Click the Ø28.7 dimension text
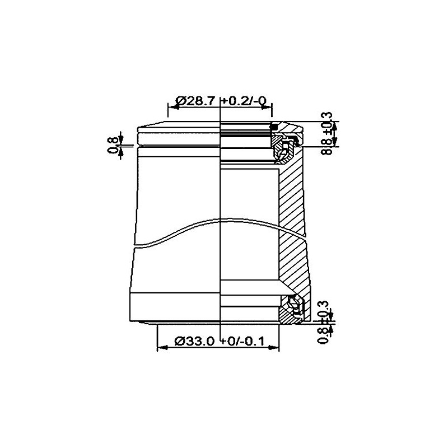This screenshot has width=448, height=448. click(x=194, y=101)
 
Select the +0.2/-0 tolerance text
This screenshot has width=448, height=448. click(x=244, y=101)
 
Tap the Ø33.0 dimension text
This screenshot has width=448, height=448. click(x=194, y=341)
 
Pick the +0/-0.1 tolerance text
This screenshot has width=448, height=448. click(x=243, y=341)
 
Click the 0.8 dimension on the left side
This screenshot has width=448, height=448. click(x=114, y=146)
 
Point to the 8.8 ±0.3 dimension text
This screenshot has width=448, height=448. click(x=327, y=133)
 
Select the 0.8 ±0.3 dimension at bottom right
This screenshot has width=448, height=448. click(x=324, y=323)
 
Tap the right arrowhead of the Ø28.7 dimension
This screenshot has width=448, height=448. click(x=267, y=107)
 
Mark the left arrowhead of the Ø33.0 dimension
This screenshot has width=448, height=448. click(x=162, y=348)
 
